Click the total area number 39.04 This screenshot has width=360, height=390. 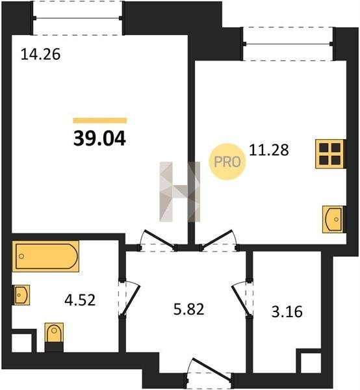pyautogui.click(x=99, y=138)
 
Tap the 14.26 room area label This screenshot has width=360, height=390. pyautogui.click(x=40, y=54)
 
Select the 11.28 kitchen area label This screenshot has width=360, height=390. pyautogui.click(x=269, y=150)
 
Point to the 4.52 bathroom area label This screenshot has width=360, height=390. pyautogui.click(x=80, y=300)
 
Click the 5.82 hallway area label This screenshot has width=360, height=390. pyautogui.click(x=188, y=309)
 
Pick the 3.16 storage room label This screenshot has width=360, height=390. pyautogui.click(x=287, y=312)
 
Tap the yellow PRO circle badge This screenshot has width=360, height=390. pyautogui.click(x=227, y=162)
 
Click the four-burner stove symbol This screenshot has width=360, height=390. pyautogui.click(x=330, y=154)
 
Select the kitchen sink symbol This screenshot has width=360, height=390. pyautogui.click(x=333, y=220)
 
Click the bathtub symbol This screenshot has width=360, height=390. pyautogui.click(x=45, y=256)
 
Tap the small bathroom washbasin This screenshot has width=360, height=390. pyautogui.click(x=21, y=295)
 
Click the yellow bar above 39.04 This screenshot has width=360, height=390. pyautogui.click(x=99, y=121)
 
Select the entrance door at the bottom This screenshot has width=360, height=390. pyautogui.click(x=210, y=371)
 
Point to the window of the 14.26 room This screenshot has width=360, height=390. pyautogui.click(x=77, y=18)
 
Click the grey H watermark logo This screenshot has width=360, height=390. pyautogui.click(x=179, y=192)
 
